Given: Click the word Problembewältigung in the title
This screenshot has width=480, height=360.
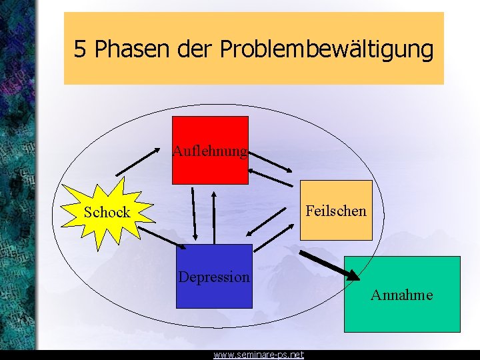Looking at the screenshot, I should click(326, 49).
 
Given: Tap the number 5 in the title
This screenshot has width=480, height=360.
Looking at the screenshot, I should click(80, 49).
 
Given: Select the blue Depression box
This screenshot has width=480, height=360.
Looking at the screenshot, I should click(214, 293).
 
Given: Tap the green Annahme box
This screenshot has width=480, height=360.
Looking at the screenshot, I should click(401, 313).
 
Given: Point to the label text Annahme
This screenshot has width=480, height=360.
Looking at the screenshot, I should click(401, 294).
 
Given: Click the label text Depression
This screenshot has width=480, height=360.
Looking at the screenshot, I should click(214, 276).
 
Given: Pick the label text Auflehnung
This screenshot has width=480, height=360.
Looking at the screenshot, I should click(210, 151).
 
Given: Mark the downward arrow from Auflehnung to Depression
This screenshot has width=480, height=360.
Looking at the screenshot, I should click(193, 213).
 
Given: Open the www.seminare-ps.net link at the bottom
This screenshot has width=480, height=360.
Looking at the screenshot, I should click(258, 355).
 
